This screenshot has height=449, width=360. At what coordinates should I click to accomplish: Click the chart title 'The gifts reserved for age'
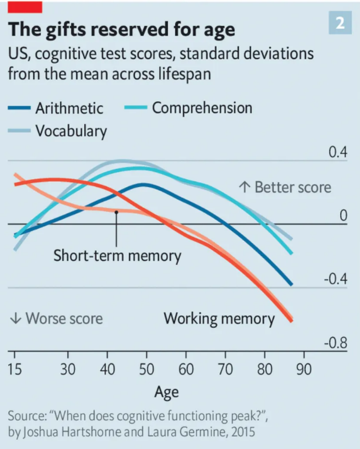tap(121, 29)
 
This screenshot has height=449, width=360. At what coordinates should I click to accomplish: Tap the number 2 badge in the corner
tap(340, 23)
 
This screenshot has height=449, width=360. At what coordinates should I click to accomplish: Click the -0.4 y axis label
tap(335, 279)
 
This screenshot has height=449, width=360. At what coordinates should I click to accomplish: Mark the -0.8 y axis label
tap(335, 344)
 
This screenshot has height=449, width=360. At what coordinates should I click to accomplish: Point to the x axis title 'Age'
tap(166, 391)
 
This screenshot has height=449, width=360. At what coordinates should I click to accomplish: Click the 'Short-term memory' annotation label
tap(117, 255)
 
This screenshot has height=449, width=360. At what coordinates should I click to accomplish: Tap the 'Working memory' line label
tap(219, 318)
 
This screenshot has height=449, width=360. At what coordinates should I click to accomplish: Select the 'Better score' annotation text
tap(293, 188)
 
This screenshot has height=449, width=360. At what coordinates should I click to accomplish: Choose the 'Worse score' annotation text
tap(64, 318)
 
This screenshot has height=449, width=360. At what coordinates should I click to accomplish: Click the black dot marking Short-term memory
tap(116, 212)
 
